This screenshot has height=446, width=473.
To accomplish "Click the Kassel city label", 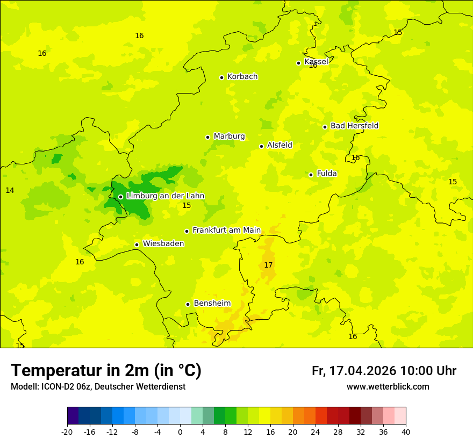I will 316,62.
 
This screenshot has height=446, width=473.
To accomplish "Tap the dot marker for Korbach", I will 221,77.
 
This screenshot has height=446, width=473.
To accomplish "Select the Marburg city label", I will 229,136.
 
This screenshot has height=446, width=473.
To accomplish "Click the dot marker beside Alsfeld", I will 261,146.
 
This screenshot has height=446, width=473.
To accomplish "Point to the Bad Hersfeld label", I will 354,126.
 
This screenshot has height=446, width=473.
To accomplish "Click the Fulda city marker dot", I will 311,175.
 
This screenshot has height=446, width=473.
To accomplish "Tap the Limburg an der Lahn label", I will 165,196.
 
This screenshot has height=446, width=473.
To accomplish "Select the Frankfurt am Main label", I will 226,231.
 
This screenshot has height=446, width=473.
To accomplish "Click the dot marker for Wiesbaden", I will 137,244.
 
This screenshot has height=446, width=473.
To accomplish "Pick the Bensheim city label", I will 212,304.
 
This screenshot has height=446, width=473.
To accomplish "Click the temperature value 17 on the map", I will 268,265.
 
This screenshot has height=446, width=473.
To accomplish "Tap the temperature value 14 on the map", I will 10,191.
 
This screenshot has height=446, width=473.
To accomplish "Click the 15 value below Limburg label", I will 187,206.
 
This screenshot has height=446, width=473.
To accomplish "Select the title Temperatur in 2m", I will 106,371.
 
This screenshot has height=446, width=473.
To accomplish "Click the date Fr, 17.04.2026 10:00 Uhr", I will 384,371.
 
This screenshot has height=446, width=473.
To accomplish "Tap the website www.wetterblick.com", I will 388,387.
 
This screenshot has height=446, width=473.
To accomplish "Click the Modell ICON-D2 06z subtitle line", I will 98,387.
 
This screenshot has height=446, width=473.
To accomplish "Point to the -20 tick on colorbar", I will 67,432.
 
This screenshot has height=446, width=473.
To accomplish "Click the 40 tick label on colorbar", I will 406,432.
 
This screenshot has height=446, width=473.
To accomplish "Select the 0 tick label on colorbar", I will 180,432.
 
